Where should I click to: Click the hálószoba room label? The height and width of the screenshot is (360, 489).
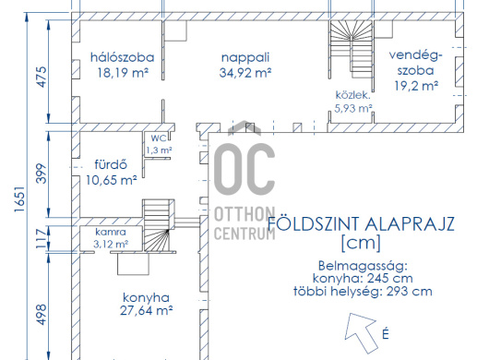[122, 57]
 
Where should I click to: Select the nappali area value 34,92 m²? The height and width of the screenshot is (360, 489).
[245, 73]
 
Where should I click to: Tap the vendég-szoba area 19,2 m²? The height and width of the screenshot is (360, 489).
[416, 86]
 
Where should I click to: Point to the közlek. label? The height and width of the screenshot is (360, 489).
[353, 95]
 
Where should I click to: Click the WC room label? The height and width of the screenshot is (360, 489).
[159, 138]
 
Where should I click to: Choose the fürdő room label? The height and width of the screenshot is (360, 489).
[111, 164]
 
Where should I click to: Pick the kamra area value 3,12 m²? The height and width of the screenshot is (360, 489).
[111, 244]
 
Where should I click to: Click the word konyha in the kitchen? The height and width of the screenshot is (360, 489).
[147, 298]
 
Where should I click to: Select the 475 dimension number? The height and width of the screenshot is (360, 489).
[41, 77]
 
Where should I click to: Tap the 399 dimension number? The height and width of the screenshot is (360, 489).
[41, 174]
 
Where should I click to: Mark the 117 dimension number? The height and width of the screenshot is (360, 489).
[41, 238]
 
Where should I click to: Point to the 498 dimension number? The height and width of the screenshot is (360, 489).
[41, 315]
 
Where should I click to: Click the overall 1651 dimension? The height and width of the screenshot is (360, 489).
[19, 199]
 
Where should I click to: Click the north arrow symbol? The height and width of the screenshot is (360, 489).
[362, 332]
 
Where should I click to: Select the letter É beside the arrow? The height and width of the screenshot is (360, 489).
[386, 333]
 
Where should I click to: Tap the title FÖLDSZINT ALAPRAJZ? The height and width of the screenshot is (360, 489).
[361, 224]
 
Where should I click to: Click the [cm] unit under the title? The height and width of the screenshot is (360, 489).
[361, 243]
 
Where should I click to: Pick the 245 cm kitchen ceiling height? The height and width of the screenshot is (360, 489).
[389, 278]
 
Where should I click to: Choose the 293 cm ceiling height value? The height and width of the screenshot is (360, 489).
[410, 292]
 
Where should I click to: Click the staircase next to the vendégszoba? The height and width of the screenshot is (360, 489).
[352, 49]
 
